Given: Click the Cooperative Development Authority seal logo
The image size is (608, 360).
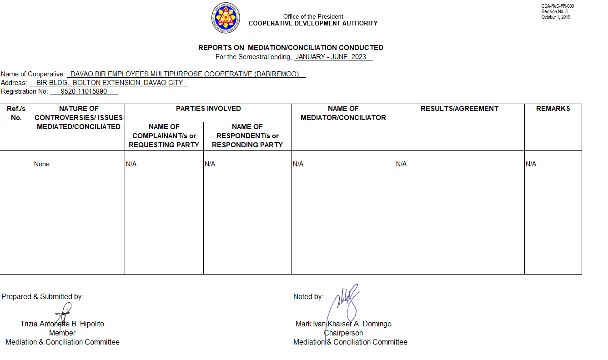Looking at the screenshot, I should (226, 18).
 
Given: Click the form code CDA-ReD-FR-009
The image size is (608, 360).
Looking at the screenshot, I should (558, 6).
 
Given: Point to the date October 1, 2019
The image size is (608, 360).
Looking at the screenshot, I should (555, 17).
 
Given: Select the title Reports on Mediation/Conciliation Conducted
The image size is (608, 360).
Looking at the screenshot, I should (291, 48).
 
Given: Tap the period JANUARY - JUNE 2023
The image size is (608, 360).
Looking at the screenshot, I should (333, 57).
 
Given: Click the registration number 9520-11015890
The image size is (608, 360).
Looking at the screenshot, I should (84, 91).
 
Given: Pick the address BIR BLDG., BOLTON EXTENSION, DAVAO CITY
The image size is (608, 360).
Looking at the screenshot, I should (109, 83).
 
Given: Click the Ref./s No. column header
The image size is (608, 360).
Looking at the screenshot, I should (16, 113).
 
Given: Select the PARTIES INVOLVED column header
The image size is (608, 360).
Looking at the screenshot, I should (208, 109).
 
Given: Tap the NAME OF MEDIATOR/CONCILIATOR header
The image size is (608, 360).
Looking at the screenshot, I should (343, 113).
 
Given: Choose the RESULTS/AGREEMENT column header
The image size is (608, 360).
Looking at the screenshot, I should (459, 109).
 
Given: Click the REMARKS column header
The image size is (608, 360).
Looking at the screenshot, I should (553, 109).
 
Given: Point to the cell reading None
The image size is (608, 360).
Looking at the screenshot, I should (42, 164).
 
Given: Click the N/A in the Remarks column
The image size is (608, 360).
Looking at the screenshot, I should (531, 164).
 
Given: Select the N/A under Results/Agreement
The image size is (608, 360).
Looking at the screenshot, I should (401, 164).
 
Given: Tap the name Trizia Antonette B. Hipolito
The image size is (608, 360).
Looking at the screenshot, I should (62, 324).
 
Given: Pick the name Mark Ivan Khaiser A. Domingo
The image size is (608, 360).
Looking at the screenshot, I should (343, 324).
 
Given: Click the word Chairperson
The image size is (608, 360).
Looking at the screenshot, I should (343, 333).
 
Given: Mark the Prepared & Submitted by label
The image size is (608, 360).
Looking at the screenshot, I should (42, 297).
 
